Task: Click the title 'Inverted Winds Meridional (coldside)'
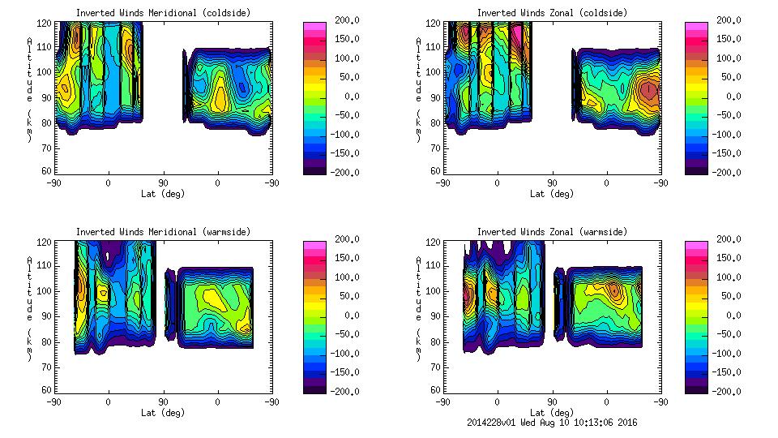coord(163,13)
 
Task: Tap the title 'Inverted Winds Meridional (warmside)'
coord(163,232)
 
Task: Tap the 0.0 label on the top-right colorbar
coord(729,97)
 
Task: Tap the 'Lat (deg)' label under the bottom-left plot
coord(164,413)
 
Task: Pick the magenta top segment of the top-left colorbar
coord(314,27)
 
